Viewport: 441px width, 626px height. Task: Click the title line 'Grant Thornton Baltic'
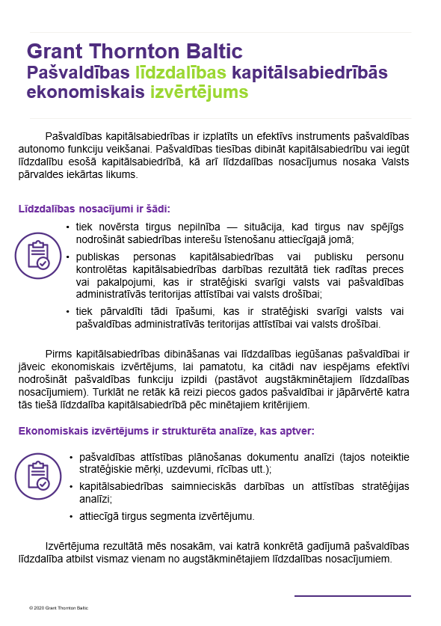pyautogui.click(x=135, y=52)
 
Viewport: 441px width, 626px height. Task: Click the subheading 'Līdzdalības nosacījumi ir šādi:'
pyautogui.click(x=99, y=209)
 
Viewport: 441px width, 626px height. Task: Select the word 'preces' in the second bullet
pyautogui.click(x=388, y=268)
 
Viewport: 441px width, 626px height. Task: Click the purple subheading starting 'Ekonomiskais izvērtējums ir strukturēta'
pyautogui.click(x=167, y=432)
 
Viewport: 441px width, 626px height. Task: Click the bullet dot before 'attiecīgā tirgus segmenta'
pyautogui.click(x=70, y=515)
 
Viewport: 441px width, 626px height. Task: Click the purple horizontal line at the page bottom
pyautogui.click(x=352, y=596)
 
